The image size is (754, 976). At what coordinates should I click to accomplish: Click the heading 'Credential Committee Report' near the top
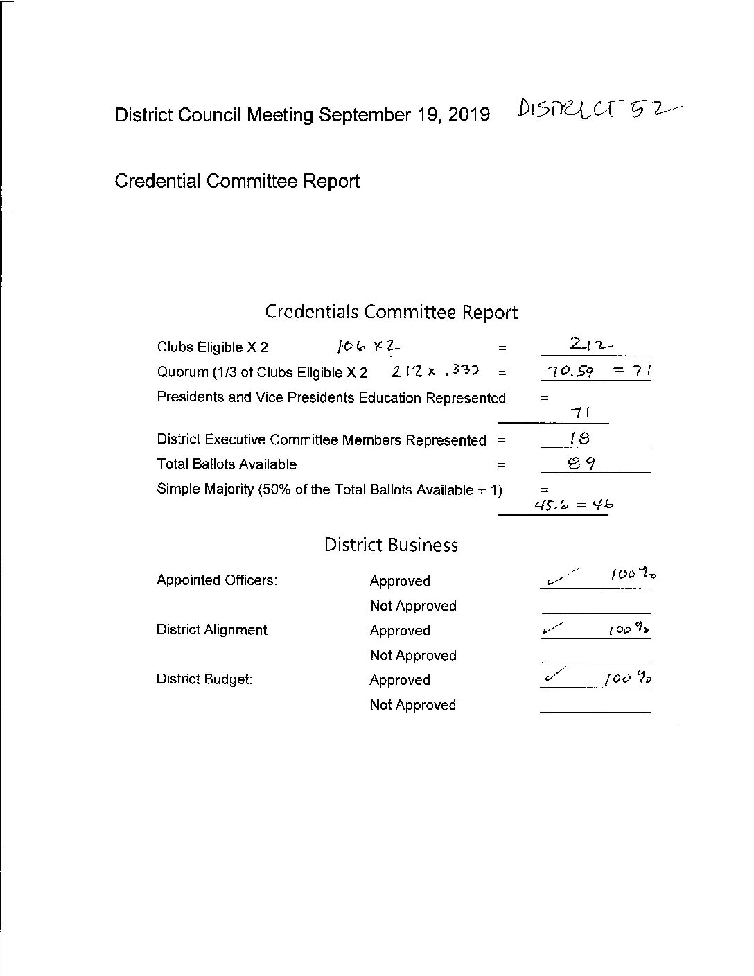[x=237, y=182]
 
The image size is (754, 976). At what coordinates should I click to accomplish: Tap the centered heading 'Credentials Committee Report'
[x=391, y=312]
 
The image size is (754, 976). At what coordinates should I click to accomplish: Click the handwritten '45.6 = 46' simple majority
[x=572, y=505]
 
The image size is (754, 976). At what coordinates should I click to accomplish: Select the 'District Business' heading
[x=391, y=545]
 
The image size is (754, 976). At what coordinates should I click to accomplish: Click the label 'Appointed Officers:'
[x=217, y=580]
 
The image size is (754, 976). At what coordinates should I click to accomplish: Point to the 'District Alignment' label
[x=211, y=630]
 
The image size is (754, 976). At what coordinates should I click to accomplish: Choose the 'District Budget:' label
[x=204, y=679]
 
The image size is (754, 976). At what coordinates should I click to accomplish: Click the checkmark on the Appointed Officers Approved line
[x=561, y=577]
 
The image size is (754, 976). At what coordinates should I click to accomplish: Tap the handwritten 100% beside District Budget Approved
[x=629, y=678]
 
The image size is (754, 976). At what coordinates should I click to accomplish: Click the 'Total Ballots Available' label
[x=227, y=464]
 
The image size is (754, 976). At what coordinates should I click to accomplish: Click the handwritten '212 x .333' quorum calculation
[x=435, y=372]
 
